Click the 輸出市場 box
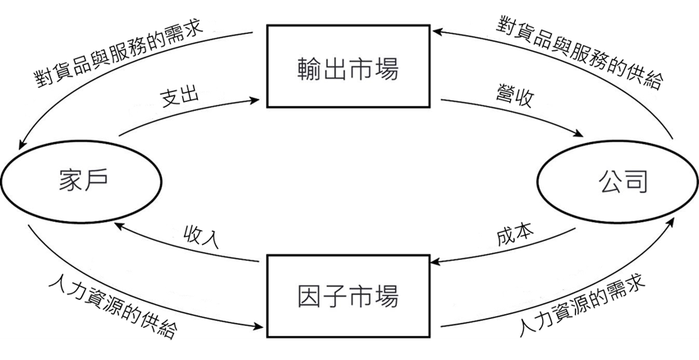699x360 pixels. pos(348,68)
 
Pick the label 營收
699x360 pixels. pos(514,98)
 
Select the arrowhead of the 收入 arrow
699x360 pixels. pos(118,223)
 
